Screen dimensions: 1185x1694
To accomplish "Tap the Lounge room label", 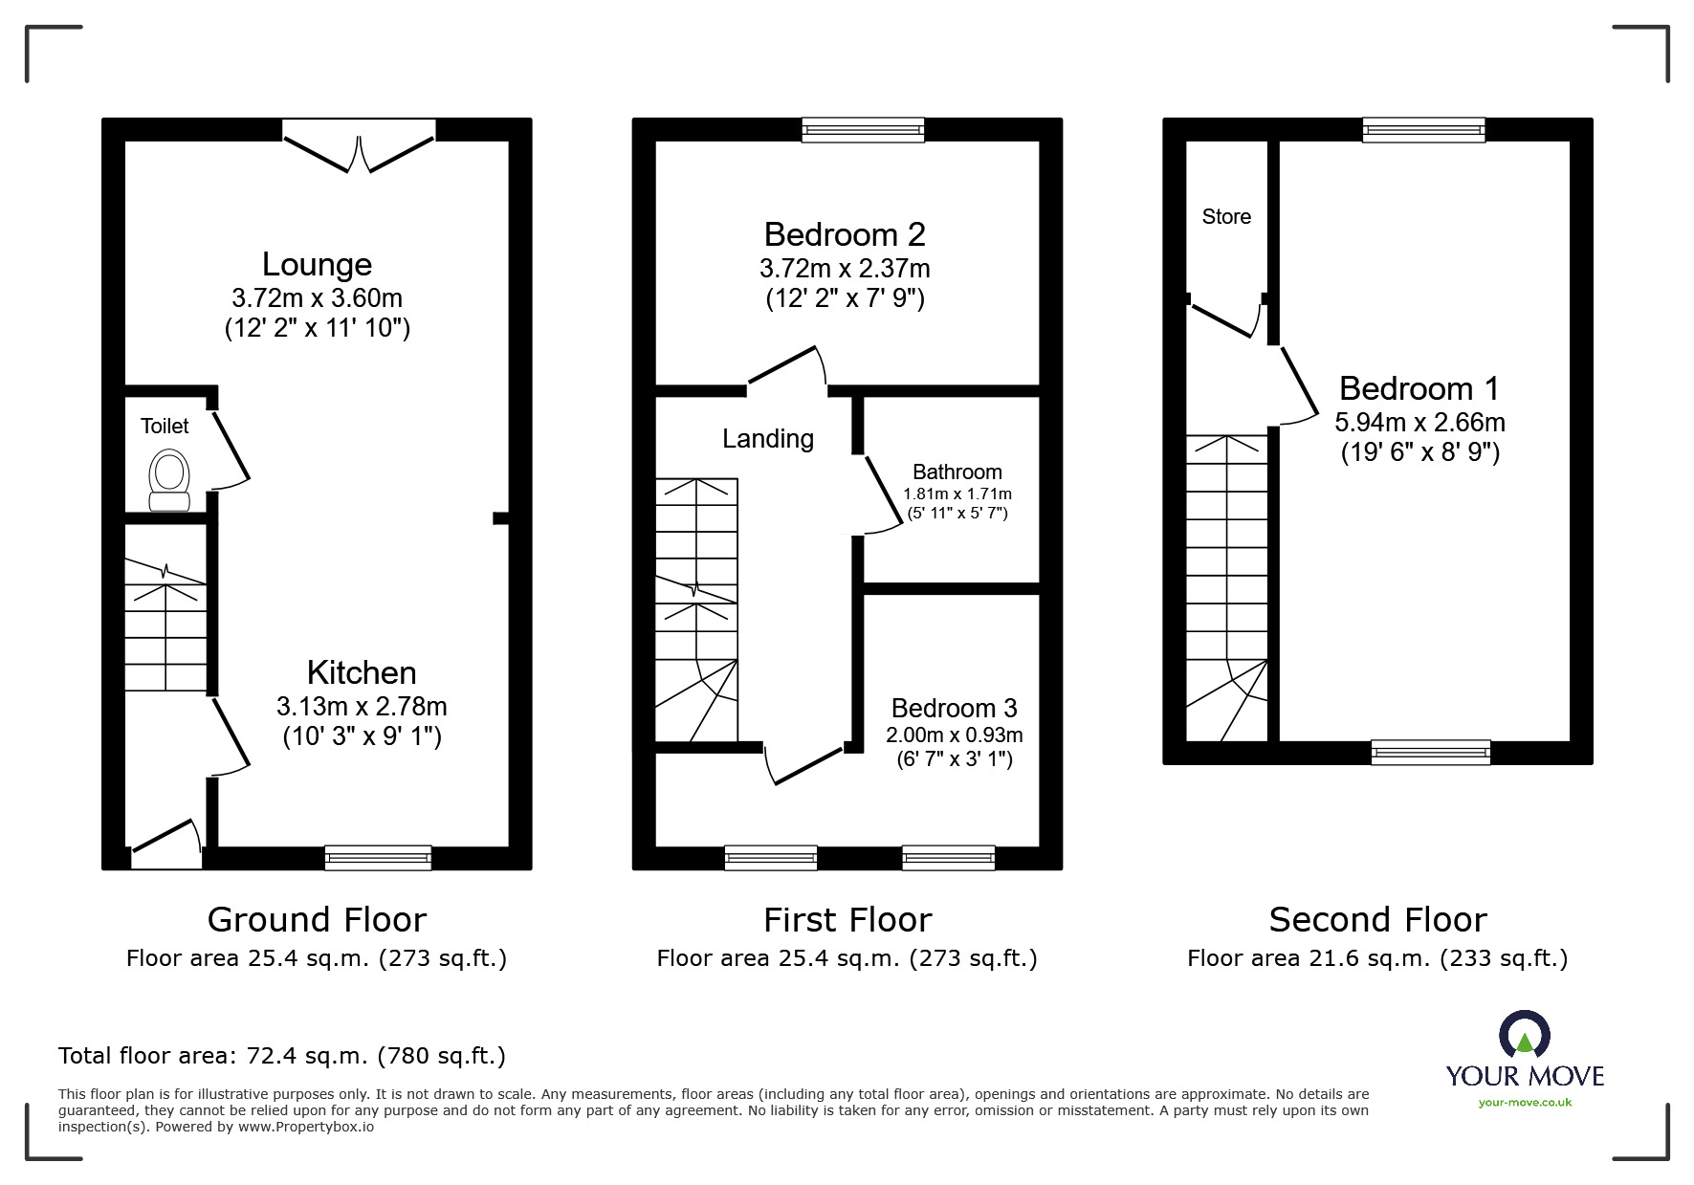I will pyautogui.click(x=317, y=265).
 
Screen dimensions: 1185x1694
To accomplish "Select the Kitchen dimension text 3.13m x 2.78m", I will pyautogui.click(x=362, y=707).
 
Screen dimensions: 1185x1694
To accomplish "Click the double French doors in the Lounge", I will pyautogui.click(x=359, y=153).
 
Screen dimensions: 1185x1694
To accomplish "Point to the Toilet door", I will pyautogui.click(x=231, y=447).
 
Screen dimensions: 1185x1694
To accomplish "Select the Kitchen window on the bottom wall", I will pyautogui.click(x=378, y=857).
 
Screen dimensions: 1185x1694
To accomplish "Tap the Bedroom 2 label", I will pyautogui.click(x=845, y=235).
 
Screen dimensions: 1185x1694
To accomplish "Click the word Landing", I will pyautogui.click(x=768, y=439).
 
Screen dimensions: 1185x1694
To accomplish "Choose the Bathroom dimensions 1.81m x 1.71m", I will pyautogui.click(x=957, y=494).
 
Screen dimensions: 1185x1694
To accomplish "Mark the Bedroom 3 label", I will pyautogui.click(x=954, y=709).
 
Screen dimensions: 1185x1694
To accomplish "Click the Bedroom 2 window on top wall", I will pyautogui.click(x=863, y=130).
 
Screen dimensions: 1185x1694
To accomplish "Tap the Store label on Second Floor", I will pyautogui.click(x=1226, y=217).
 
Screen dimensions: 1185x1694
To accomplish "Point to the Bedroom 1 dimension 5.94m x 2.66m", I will pyautogui.click(x=1419, y=423).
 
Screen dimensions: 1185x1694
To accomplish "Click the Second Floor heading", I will pyautogui.click(x=1377, y=920).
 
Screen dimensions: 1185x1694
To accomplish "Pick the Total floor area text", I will pyautogui.click(x=282, y=1056).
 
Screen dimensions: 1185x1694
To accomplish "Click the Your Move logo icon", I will pyautogui.click(x=1524, y=1036).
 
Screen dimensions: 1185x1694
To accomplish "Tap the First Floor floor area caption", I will pyautogui.click(x=847, y=958).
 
